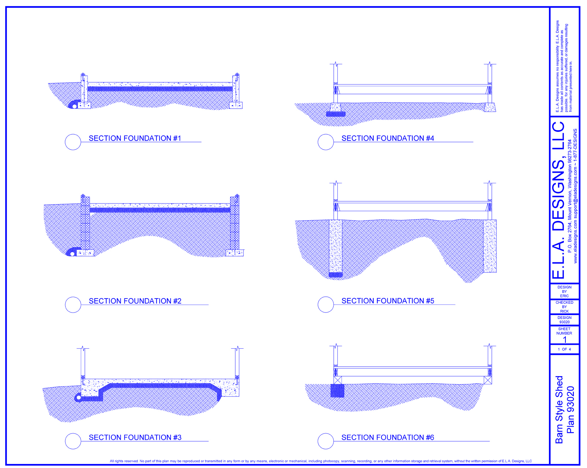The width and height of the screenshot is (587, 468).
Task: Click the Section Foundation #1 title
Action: tap(135, 138)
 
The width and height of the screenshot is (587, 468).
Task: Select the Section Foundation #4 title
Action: tap(388, 138)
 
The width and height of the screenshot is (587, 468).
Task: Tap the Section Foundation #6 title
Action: tap(388, 438)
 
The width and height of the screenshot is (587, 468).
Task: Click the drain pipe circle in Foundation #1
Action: tap(74, 106)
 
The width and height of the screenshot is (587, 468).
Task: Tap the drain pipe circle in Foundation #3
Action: tap(79, 398)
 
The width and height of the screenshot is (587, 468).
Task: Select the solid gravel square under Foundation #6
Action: tap(337, 390)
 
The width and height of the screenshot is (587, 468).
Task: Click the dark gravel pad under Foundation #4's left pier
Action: tap(336, 114)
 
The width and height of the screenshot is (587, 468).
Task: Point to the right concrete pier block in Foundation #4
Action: tap(490, 107)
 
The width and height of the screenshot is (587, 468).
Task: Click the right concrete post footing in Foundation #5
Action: tap(490, 246)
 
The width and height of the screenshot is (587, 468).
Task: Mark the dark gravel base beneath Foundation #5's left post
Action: tap(336, 275)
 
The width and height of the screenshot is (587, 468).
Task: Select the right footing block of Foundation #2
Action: tap(235, 253)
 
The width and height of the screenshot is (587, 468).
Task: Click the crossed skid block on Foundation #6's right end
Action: tap(488, 380)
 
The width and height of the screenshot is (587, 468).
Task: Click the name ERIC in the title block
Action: tap(564, 296)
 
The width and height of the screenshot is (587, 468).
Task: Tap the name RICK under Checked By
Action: tap(564, 311)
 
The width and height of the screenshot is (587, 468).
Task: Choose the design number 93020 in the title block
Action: tap(564, 322)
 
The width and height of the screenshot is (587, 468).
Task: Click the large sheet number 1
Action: tap(565, 340)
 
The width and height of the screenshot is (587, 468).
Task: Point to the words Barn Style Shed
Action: tap(559, 409)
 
